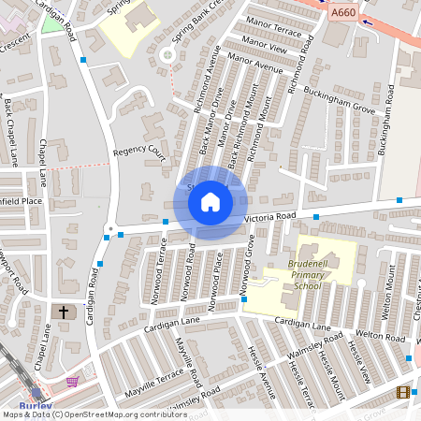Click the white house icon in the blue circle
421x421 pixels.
[210, 201]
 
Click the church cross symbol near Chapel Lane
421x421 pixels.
[65, 312]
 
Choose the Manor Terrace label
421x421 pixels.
[272, 31]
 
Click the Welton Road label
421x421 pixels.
[379, 334]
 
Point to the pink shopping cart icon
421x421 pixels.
[72, 382]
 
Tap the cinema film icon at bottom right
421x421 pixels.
[403, 392]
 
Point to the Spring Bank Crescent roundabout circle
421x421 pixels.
[167, 55]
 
